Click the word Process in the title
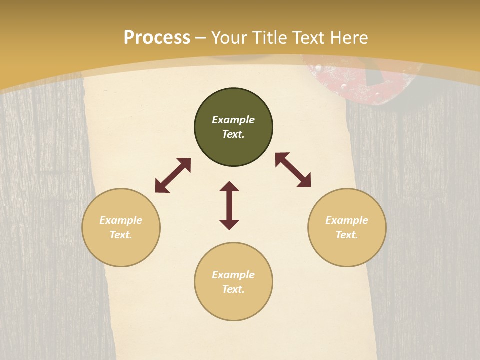[x=157, y=38]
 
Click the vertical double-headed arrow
[x=229, y=205]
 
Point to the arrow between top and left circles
[x=173, y=175]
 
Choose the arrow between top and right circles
[x=293, y=170]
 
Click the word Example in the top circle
[x=233, y=120]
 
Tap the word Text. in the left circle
[x=121, y=235]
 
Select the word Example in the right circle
[x=347, y=220]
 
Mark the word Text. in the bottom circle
[x=233, y=289]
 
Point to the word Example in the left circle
[x=121, y=220]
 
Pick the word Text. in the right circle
[x=347, y=235]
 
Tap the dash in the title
[x=201, y=38]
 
